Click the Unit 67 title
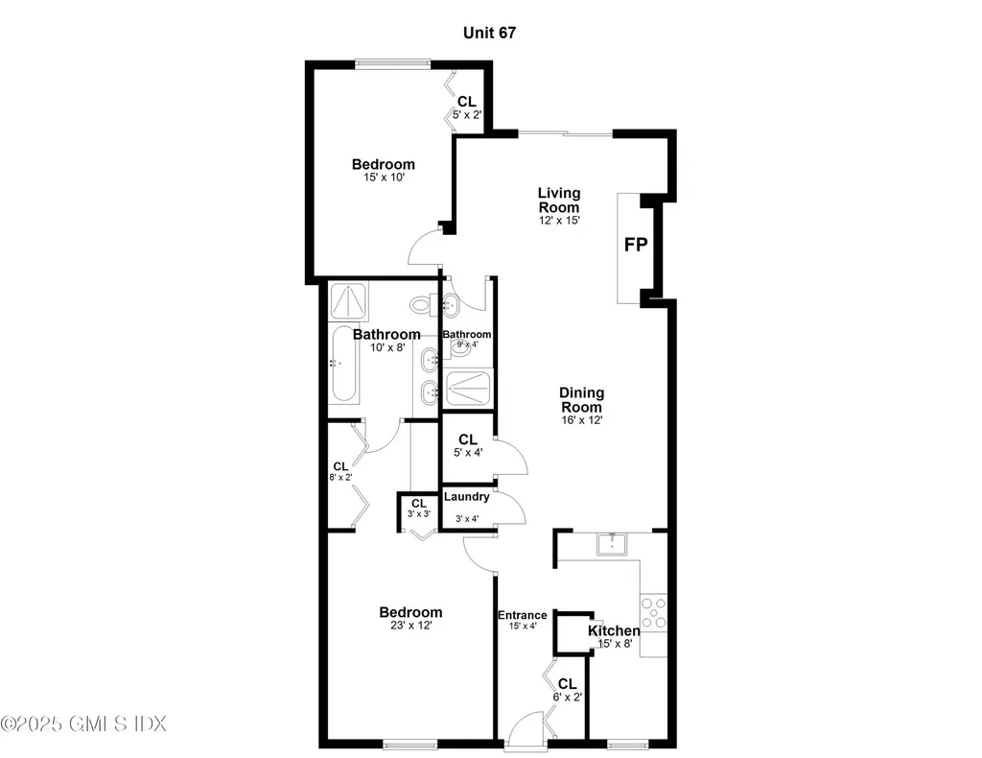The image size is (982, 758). [x=490, y=33]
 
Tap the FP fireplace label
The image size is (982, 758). [x=636, y=245]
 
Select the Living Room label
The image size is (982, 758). [x=558, y=200]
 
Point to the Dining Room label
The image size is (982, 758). [x=581, y=399]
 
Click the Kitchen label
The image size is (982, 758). [x=614, y=630]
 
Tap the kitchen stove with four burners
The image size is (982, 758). [x=654, y=612]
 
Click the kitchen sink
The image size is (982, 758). [x=611, y=544]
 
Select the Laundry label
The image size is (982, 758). [x=467, y=496]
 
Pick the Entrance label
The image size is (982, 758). [x=522, y=615]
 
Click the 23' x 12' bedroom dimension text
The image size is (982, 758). [x=410, y=627]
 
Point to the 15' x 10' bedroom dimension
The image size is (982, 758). [x=383, y=178]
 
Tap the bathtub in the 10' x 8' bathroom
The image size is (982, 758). [x=343, y=365]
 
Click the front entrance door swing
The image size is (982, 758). [x=526, y=729]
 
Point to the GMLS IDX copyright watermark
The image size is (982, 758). [x=83, y=722]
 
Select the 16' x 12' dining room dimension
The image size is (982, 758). [x=581, y=419]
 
